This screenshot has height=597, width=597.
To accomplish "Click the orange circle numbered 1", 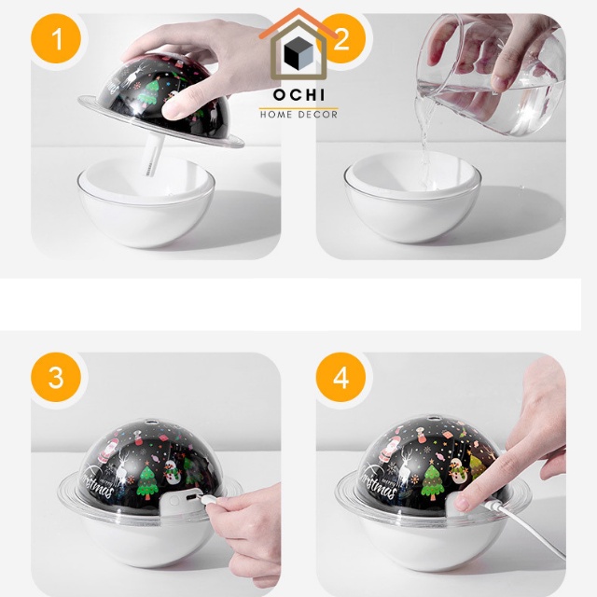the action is pos(56,38).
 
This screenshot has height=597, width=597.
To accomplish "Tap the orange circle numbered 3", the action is pos(56,377).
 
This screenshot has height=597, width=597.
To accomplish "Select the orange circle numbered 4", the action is pos(340,377).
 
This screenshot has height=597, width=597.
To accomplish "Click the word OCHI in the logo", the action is pos(298,95).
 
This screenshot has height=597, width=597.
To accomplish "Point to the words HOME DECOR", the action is pos(298,114).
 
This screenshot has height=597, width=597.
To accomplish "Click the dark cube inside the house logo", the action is pos(298,53).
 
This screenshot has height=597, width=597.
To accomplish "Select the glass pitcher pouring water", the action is pos(492,75).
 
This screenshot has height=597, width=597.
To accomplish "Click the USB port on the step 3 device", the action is pos(190,499).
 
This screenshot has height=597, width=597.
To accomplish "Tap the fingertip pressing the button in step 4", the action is pos(463,501).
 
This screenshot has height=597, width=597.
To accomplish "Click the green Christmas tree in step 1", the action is pos(147,91).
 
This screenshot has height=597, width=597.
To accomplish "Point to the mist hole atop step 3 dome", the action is pos(153,422).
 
